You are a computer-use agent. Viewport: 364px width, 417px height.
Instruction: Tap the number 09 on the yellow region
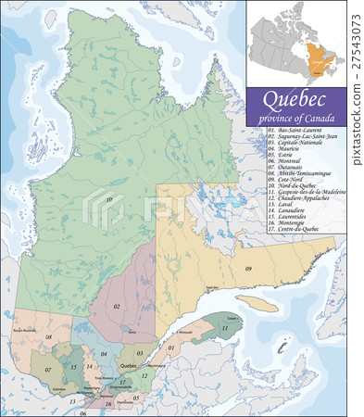click(248, 268)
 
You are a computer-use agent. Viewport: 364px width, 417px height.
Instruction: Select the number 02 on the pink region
click(118, 306)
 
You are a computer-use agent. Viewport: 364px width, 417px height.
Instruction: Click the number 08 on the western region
click(48, 337)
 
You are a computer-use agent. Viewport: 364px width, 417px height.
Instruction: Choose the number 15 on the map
click(73, 366)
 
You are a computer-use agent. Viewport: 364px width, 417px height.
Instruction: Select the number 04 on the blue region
click(104, 354)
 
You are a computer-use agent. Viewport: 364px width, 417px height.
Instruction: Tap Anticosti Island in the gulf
click(257, 303)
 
